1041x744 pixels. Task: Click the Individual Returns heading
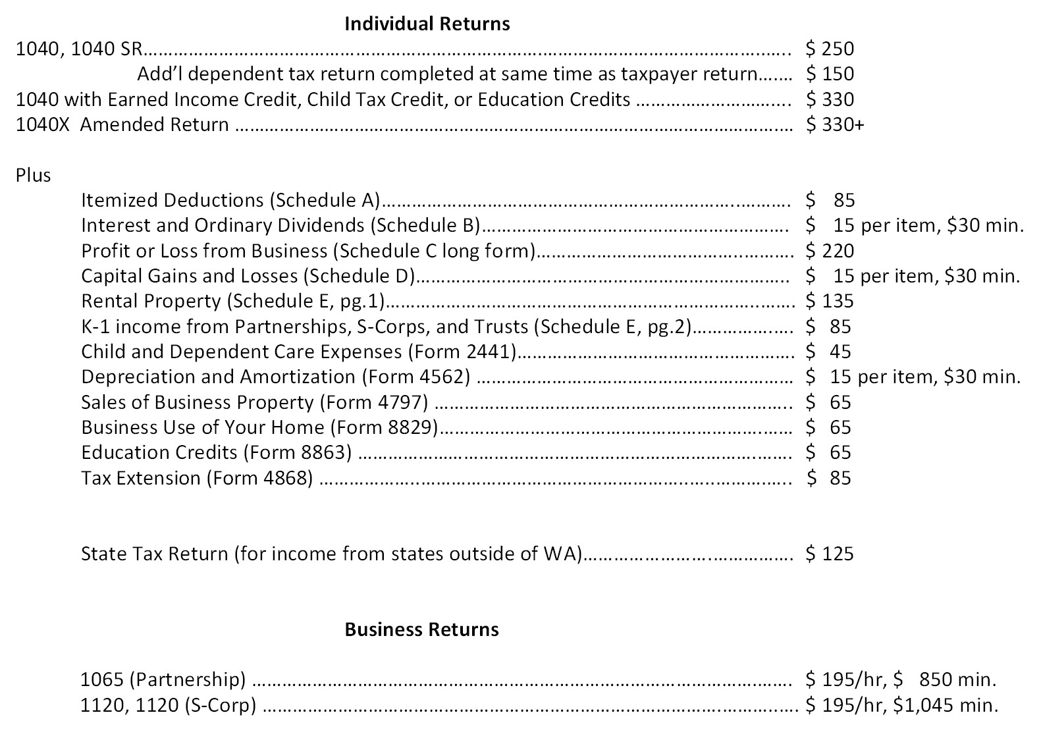427,24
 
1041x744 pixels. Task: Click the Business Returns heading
421,629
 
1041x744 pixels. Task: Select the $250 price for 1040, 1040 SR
830,49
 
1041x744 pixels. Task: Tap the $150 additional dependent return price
830,74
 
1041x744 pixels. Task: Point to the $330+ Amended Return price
834,124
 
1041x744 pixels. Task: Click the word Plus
33,175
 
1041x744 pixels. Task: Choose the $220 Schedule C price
830,251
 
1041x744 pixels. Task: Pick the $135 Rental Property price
830,301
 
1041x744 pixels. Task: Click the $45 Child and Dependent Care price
829,352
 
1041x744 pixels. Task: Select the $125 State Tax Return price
830,554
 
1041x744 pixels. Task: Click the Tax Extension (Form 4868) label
197,478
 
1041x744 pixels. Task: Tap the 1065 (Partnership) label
163,679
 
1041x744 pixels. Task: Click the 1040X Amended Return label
122,124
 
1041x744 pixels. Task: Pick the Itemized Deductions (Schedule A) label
230,200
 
